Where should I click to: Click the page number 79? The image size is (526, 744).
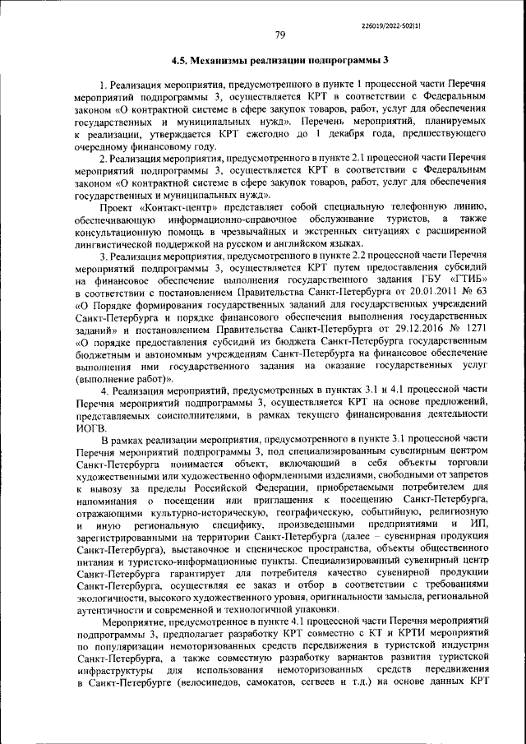pos(279,35)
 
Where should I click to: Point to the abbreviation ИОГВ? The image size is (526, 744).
pos(90,428)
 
